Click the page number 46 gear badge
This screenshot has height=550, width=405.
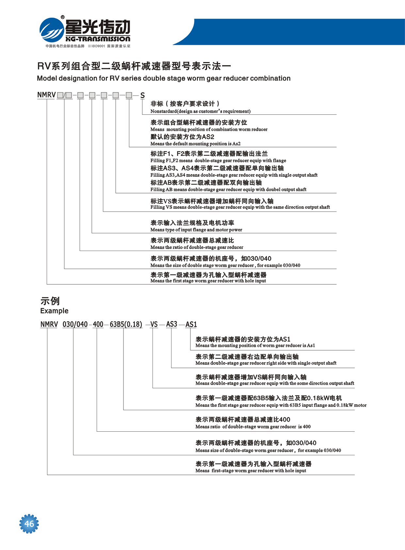point(29,524)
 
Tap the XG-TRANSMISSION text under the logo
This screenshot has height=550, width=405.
point(98,39)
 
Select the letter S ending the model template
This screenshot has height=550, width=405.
point(142,95)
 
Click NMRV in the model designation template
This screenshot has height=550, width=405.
point(46,95)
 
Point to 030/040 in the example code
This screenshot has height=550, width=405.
point(75,325)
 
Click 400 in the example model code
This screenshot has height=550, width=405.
point(98,325)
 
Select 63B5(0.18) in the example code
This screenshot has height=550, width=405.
point(126,325)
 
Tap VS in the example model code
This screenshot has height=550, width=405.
point(154,325)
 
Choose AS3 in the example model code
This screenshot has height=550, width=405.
point(171,324)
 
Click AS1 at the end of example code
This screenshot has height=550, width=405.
point(191,325)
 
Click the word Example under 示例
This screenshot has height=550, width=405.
point(54,311)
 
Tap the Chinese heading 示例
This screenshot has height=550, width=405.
point(50,301)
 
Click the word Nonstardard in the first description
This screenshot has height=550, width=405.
point(164,111)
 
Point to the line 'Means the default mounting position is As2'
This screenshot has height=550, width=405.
point(195,144)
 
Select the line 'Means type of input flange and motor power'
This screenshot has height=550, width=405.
point(196,230)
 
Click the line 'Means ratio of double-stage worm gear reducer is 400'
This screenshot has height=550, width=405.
point(253,427)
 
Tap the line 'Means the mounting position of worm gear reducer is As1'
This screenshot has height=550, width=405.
point(255,345)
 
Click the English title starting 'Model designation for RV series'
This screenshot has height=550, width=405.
point(164,78)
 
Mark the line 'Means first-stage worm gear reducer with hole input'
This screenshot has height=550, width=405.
point(251,471)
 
